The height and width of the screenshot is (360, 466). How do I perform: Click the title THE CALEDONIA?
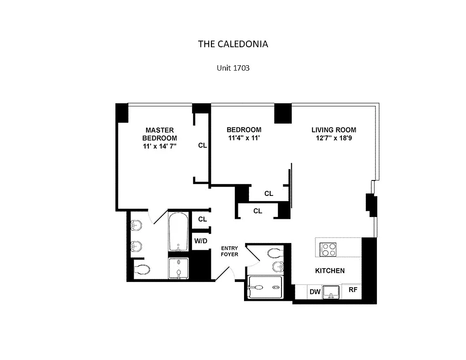point(233,44)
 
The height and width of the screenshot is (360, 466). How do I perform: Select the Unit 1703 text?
point(233,68)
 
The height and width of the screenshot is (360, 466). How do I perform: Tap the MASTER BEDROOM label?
point(159,134)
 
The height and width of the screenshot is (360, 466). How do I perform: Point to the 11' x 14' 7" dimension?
point(159,146)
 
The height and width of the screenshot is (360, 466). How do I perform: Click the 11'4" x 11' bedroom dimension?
point(244,138)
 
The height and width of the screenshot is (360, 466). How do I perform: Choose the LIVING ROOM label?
point(334,130)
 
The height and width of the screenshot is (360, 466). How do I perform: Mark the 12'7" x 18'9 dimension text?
point(334,138)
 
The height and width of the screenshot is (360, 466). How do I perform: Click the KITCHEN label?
point(330,270)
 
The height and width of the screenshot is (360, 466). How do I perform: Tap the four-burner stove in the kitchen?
point(328,250)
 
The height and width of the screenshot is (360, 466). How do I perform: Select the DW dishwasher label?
point(315,292)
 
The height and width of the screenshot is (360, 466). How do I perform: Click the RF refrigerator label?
point(353,290)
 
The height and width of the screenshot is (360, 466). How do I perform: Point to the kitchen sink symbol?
point(331,292)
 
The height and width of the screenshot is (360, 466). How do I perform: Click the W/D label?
point(201,241)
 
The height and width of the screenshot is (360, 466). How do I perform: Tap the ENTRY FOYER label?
point(229,251)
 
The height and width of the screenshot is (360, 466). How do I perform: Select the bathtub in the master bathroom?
point(178,231)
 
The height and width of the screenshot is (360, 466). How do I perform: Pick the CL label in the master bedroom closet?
point(202,145)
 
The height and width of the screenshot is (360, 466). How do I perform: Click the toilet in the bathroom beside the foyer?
point(274,253)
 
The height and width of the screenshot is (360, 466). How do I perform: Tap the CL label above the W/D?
point(203,219)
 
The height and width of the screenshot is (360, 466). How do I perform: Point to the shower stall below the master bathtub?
point(178,268)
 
